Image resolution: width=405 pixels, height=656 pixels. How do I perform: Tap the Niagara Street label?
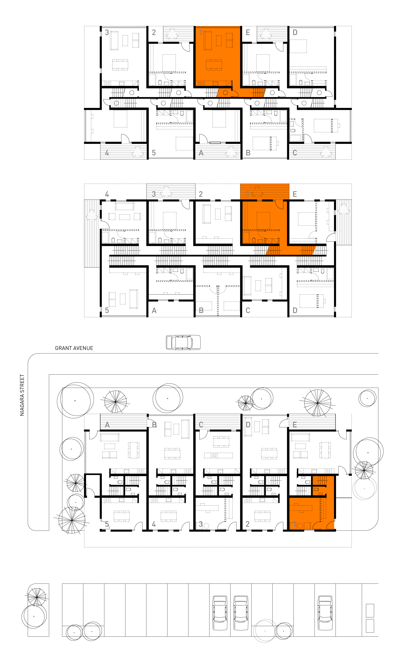22,395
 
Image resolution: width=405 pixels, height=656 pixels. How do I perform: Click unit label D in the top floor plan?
295,32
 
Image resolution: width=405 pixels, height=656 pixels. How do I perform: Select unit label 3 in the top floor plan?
107,32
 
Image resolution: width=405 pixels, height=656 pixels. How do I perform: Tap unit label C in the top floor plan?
295,153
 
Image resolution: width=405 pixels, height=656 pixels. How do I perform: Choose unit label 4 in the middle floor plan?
107,194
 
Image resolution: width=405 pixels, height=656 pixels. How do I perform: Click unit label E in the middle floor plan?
295,194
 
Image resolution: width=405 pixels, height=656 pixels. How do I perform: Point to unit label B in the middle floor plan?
201,310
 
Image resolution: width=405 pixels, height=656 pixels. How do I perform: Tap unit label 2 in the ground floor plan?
248,524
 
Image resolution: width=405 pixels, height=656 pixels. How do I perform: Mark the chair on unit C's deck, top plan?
326,152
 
